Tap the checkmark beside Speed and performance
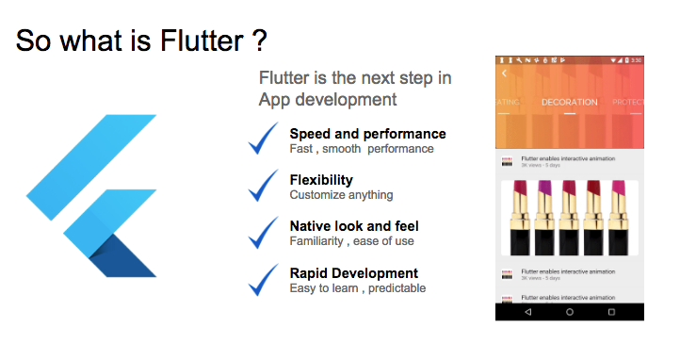tap(264, 139)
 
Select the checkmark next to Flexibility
tap(264, 186)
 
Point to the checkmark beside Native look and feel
tap(264, 232)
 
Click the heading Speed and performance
tap(367, 134)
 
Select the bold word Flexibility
tap(321, 179)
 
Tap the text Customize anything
tap(341, 195)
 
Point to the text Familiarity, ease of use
tap(351, 241)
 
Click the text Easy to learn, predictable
tap(357, 288)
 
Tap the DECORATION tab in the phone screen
tap(569, 102)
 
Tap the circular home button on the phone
tap(570, 311)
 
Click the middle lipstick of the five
tap(569, 217)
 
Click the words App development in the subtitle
tap(328, 99)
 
